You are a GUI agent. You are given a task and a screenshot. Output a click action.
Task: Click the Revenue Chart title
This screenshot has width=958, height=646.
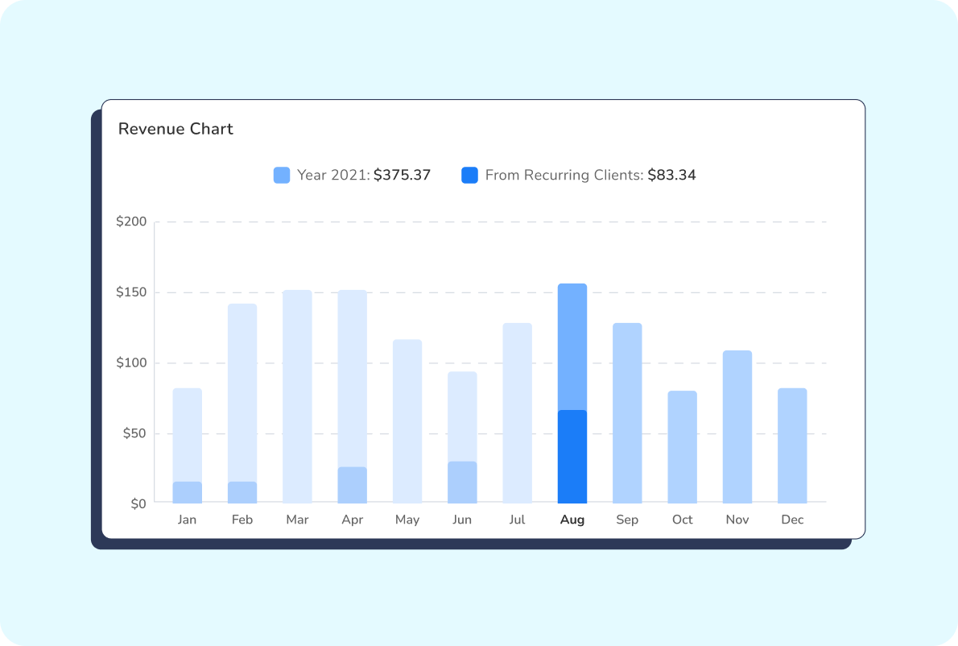(x=175, y=129)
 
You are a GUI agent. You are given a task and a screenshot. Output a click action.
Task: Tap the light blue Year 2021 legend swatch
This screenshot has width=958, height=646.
(x=282, y=175)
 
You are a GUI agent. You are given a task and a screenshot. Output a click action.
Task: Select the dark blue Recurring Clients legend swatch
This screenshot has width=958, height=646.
(x=469, y=175)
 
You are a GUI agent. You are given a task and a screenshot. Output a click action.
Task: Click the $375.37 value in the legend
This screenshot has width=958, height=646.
(x=402, y=175)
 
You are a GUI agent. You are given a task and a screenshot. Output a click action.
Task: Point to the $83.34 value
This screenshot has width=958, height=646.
(x=671, y=175)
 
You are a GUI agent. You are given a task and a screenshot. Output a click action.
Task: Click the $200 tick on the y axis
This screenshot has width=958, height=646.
(x=131, y=222)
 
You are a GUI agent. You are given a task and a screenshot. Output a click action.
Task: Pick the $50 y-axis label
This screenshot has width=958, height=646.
(x=134, y=433)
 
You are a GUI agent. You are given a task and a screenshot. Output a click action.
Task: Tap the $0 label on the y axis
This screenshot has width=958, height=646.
(x=138, y=503)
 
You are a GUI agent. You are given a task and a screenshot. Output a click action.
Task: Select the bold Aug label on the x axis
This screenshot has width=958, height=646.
(x=572, y=520)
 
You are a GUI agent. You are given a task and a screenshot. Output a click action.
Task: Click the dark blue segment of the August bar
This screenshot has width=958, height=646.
(x=572, y=457)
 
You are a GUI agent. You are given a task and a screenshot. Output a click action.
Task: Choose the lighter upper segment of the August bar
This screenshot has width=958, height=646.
(x=572, y=346)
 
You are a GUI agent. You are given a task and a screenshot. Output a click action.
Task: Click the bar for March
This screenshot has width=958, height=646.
(x=297, y=396)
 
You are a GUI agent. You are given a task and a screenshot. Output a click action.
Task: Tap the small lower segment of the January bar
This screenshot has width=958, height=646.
(x=188, y=492)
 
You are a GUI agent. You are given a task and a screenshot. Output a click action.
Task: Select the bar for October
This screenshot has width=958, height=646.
(x=682, y=447)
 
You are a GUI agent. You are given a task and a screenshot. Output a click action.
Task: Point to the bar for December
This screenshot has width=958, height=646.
(x=792, y=445)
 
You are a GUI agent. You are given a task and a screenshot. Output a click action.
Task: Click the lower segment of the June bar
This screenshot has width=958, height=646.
(x=462, y=482)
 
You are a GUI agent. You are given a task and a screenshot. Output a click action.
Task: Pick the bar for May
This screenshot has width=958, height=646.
(x=407, y=421)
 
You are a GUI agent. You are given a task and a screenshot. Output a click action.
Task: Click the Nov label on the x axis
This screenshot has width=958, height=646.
(x=737, y=520)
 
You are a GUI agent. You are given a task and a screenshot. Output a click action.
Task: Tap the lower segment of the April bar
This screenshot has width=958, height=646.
(x=352, y=485)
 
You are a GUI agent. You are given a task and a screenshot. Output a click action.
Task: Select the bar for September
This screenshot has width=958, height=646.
(x=627, y=413)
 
